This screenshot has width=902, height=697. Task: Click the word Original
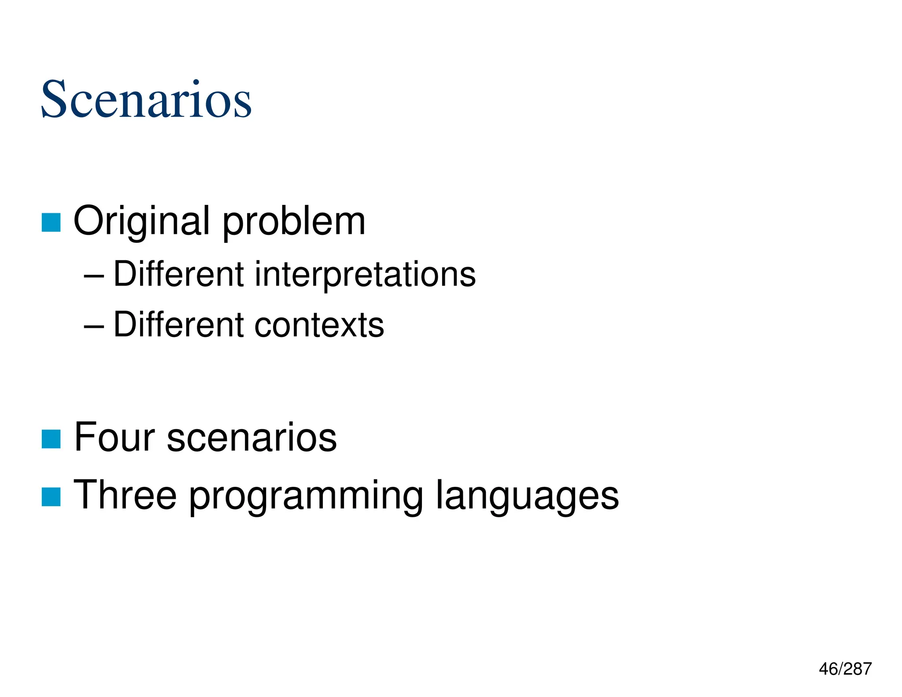point(141,222)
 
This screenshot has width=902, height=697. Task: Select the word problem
point(294,222)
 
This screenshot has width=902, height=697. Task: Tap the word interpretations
point(365,275)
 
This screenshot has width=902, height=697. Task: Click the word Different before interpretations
point(178,274)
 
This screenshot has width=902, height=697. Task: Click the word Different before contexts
point(178,325)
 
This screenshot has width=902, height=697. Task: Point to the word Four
point(114,437)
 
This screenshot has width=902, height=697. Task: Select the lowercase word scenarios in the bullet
point(251,438)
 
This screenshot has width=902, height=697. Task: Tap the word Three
point(125,495)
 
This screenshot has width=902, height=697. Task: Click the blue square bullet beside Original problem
point(51,222)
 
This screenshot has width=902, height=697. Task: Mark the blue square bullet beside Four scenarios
point(51,439)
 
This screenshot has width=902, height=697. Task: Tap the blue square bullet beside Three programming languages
point(51,497)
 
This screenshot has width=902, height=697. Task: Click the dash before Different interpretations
point(94,277)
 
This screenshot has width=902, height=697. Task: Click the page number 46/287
point(845,669)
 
